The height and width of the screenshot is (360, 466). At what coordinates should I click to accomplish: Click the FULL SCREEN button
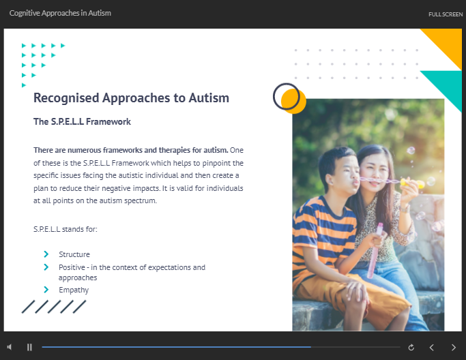pyautogui.click(x=446, y=14)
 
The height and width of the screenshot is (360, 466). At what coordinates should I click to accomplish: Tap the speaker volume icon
pyautogui.click(x=10, y=347)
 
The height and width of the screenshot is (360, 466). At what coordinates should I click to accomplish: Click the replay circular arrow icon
pyautogui.click(x=411, y=347)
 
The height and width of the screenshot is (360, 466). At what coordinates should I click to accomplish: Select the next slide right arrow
pyautogui.click(x=454, y=347)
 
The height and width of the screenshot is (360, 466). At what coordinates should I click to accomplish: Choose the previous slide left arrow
pyautogui.click(x=432, y=347)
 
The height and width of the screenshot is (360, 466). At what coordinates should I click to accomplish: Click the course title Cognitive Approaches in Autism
pyautogui.click(x=60, y=13)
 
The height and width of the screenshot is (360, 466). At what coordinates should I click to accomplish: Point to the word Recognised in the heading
pyautogui.click(x=66, y=98)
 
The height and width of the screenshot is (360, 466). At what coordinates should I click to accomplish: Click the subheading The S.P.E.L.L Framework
pyautogui.click(x=82, y=121)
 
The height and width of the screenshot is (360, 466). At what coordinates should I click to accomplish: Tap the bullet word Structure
pyautogui.click(x=74, y=254)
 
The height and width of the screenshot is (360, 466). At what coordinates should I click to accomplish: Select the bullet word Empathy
pyautogui.click(x=74, y=290)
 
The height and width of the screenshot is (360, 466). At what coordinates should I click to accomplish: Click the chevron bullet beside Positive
pyautogui.click(x=46, y=267)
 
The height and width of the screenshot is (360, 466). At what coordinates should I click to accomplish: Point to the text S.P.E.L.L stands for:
pyautogui.click(x=65, y=229)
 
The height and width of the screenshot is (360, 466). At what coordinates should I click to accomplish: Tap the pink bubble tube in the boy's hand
pyautogui.click(x=374, y=250)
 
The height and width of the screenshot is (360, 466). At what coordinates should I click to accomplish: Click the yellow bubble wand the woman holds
pyautogui.click(x=412, y=183)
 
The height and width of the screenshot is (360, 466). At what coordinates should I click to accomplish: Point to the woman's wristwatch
pyautogui.click(x=405, y=209)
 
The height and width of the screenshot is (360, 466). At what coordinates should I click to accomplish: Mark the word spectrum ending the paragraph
pyautogui.click(x=141, y=200)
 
